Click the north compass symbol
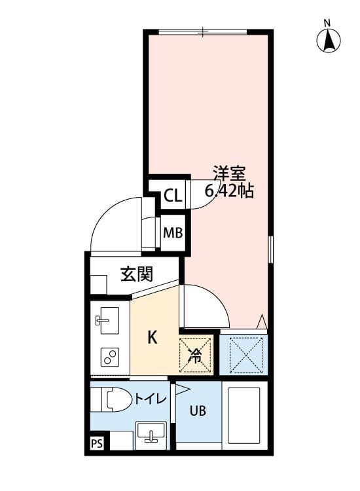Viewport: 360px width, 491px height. coord(329,41)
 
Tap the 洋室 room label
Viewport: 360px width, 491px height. coord(228,175)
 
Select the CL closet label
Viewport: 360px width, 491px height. coord(173,196)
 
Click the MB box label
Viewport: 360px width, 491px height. coord(173,232)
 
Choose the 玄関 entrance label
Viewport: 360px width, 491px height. coord(136,274)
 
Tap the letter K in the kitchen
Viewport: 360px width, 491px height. coord(152,338)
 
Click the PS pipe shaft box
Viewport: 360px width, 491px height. coord(97,445)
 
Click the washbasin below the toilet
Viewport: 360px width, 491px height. coord(151,434)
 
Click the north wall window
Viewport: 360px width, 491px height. coord(204,31)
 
